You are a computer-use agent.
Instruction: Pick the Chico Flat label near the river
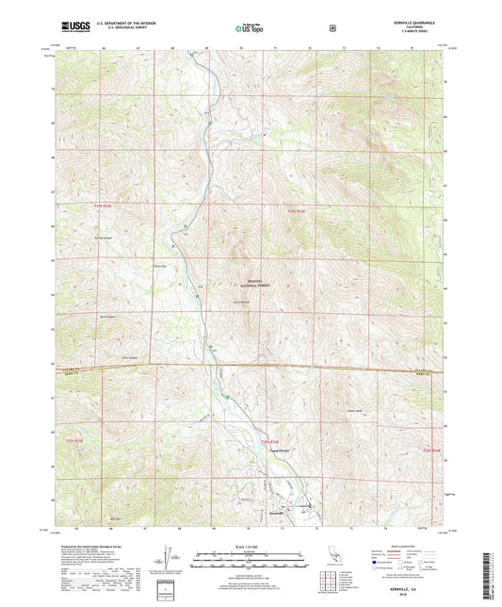[x=159, y=266]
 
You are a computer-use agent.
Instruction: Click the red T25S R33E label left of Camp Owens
[x=270, y=441]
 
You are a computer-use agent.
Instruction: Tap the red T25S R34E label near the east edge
[x=430, y=451]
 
